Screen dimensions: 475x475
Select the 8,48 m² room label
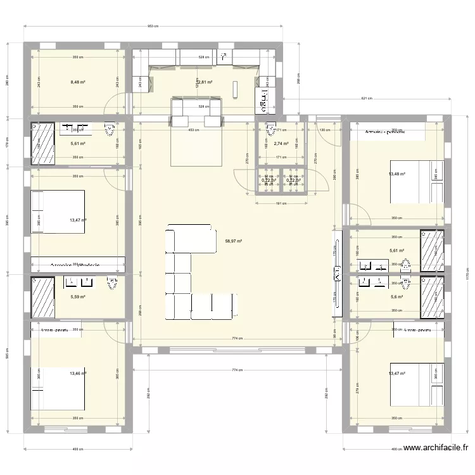point(78,82)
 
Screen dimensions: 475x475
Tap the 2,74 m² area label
point(281,144)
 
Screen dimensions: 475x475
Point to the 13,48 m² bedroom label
point(396,174)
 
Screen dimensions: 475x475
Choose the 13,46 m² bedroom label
point(78,374)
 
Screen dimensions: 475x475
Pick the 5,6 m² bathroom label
point(397,296)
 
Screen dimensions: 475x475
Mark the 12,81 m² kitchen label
point(205,82)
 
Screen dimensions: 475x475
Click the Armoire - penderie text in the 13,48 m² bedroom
point(385,132)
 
